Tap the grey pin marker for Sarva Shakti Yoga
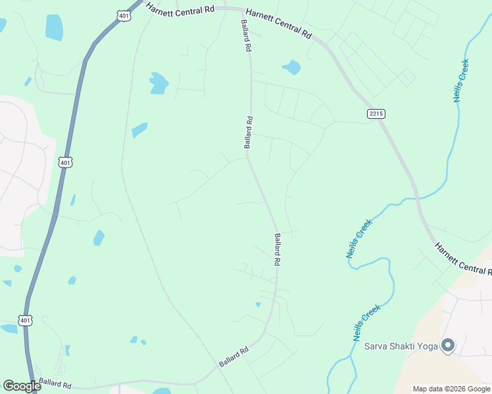point(449,345)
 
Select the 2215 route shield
point(376,114)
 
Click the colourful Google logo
point(22,386)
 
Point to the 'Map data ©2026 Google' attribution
point(451,389)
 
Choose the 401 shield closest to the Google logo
point(24,320)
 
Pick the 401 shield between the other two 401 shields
point(64,162)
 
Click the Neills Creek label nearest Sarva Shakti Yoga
point(368,322)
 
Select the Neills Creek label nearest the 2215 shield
point(461,81)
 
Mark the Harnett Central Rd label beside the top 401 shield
point(181,9)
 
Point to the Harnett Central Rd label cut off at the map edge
point(463,258)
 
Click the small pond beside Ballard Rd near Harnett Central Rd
point(291,67)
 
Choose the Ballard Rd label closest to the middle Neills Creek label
point(278,250)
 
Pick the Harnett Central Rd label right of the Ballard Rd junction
point(278,22)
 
